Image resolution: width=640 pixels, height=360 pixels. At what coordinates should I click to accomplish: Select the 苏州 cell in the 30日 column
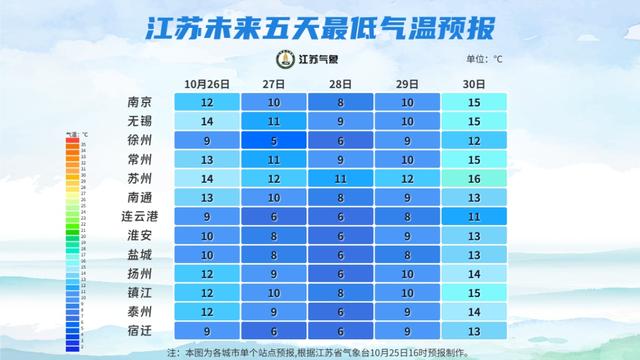[473, 178]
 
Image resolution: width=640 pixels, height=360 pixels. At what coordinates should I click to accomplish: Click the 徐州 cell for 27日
[274, 140]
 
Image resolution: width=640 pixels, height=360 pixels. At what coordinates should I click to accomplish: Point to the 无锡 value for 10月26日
[208, 121]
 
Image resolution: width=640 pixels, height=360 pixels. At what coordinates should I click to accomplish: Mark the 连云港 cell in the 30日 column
[473, 216]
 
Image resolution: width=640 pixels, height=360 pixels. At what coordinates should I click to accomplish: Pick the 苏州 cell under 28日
[340, 178]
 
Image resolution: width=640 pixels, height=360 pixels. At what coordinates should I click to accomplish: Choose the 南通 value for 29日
[407, 197]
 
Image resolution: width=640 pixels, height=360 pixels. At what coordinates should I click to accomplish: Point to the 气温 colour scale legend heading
[77, 132]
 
